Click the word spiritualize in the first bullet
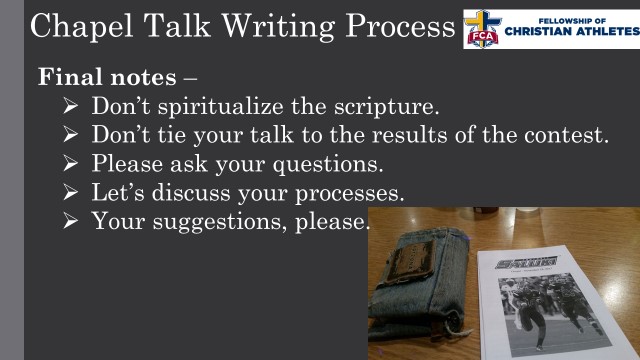coord(221,106)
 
